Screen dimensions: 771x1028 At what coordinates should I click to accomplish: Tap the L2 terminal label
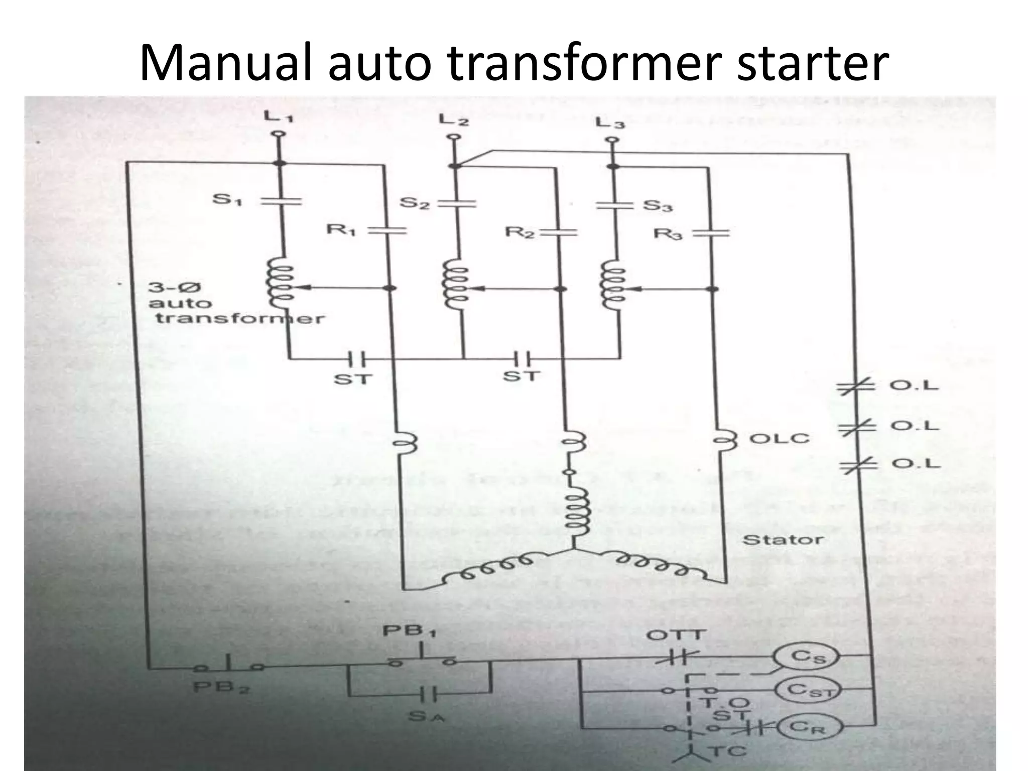click(x=454, y=120)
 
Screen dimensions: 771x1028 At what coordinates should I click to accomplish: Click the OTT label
click(x=676, y=635)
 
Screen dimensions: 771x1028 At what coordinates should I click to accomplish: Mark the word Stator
click(x=783, y=540)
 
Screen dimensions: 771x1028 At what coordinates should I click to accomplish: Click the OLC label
click(x=779, y=438)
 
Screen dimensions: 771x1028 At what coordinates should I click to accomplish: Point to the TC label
click(x=721, y=751)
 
